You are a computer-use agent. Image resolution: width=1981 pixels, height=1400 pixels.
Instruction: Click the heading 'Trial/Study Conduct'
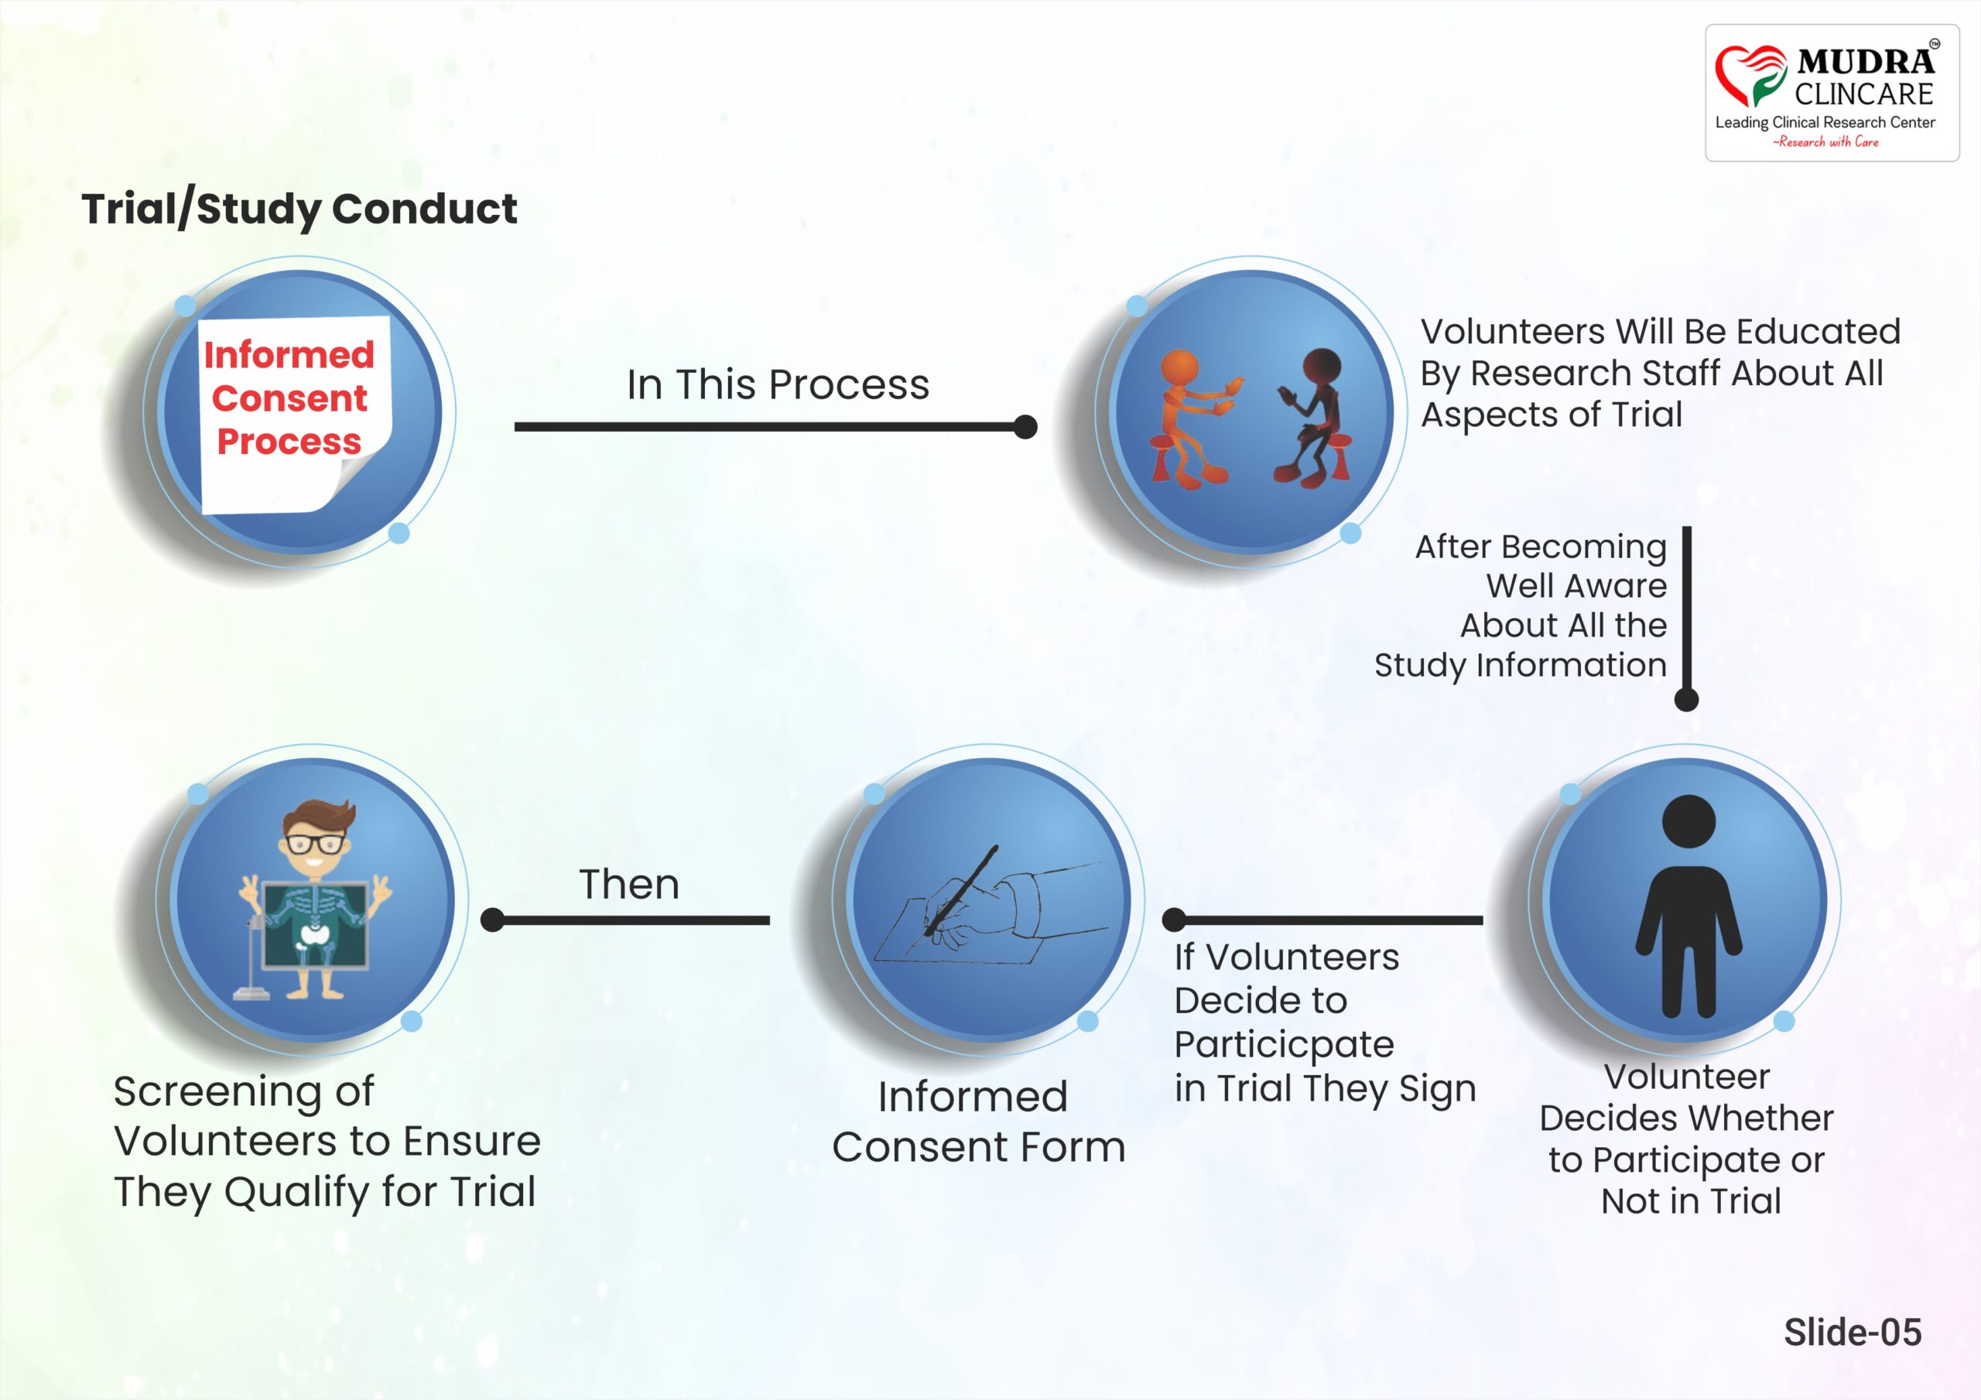pyautogui.click(x=299, y=210)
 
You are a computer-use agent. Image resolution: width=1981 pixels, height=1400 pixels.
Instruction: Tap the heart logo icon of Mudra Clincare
pyautogui.click(x=1750, y=76)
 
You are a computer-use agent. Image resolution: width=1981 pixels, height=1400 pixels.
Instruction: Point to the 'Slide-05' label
pyautogui.click(x=1853, y=1332)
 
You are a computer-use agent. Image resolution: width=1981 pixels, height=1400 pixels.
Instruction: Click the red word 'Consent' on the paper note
pyautogui.click(x=289, y=398)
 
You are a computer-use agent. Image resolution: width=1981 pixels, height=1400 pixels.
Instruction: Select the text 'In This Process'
pyautogui.click(x=778, y=384)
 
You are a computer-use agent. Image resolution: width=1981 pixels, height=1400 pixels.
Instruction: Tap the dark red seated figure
pyautogui.click(x=1312, y=417)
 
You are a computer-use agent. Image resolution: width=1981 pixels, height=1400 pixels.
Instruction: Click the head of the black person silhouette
pyautogui.click(x=1688, y=821)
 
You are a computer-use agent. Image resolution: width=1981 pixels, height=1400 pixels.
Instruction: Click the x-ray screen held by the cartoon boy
pyautogui.click(x=315, y=924)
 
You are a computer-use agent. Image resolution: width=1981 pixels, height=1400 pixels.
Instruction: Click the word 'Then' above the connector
pyautogui.click(x=629, y=884)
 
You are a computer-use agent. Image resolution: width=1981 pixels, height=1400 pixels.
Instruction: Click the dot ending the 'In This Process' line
pyautogui.click(x=1025, y=427)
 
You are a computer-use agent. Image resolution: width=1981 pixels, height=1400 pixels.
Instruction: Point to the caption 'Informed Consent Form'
pyautogui.click(x=978, y=1122)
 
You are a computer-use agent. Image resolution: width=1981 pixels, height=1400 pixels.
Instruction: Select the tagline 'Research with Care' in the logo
pyautogui.click(x=1825, y=142)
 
